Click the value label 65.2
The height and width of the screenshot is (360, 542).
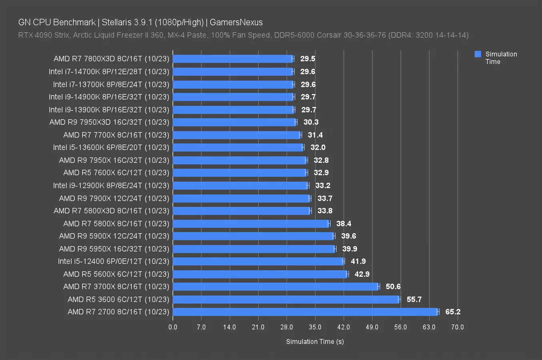click(x=453, y=312)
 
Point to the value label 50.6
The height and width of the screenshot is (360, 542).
click(x=393, y=286)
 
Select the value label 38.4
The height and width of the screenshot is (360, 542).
click(x=343, y=224)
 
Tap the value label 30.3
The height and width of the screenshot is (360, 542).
click(x=311, y=122)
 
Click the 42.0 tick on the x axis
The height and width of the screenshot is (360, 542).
click(x=343, y=327)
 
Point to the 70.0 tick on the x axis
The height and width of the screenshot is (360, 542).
click(x=458, y=327)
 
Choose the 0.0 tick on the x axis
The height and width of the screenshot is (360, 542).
click(x=173, y=327)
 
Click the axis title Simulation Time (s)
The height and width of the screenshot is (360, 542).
click(x=315, y=342)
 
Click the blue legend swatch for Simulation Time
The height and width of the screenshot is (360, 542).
click(x=478, y=54)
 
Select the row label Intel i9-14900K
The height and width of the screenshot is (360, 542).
click(x=109, y=97)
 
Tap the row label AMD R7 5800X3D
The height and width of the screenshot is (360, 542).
click(x=111, y=211)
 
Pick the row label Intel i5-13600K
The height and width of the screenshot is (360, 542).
click(x=111, y=148)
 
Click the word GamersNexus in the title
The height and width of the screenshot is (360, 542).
click(x=236, y=22)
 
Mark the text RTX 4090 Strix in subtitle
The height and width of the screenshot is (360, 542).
click(x=44, y=35)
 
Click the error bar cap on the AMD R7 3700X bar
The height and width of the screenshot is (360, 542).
click(x=379, y=286)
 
